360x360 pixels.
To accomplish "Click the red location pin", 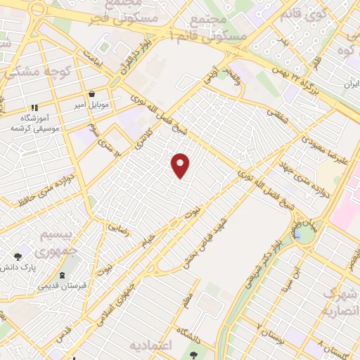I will [x=181, y=166].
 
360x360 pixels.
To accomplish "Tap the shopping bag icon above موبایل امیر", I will [x=92, y=94].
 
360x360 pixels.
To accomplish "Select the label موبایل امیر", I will [x=93, y=105].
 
